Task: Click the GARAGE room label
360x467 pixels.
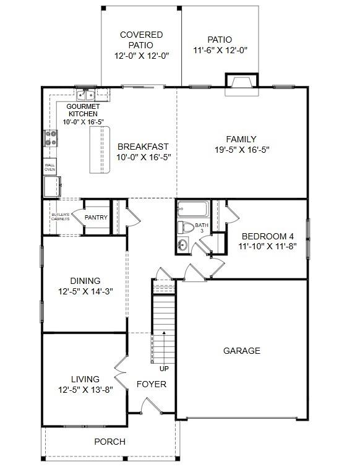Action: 241,351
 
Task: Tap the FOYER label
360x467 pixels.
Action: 152,384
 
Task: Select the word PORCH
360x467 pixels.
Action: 109,442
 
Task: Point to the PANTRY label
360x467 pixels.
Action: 96,217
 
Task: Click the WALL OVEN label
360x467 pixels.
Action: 49,167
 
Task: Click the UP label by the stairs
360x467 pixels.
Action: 165,369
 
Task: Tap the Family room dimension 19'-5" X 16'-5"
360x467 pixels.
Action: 241,149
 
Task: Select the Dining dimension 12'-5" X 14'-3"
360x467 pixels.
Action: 85,291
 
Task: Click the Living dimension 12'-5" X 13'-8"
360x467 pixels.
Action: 85,389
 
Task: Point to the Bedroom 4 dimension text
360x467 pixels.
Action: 268,246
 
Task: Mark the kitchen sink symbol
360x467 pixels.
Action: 85,95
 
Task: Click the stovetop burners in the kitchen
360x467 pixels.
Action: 50,139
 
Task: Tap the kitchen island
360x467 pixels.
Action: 99,150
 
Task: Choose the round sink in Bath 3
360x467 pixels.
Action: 182,245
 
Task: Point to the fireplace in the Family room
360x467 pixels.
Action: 241,83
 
